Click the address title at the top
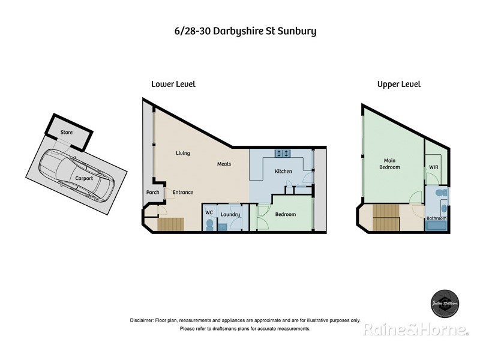point(241,31)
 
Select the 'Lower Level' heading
point(173,85)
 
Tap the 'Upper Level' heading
point(398,85)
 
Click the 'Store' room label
point(67,133)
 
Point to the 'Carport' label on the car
point(84,178)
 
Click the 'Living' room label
point(182,153)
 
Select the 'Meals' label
point(224,164)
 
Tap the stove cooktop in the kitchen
point(283,153)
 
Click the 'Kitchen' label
point(283,172)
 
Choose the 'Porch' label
point(153,193)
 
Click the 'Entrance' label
point(183,193)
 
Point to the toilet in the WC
point(209,224)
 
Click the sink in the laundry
point(222,226)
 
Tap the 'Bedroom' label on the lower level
point(285,214)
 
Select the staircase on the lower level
point(172,225)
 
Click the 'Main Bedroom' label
point(392,163)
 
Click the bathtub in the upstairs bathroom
point(436,227)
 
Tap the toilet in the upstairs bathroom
point(442,193)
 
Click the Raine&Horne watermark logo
point(415,329)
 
